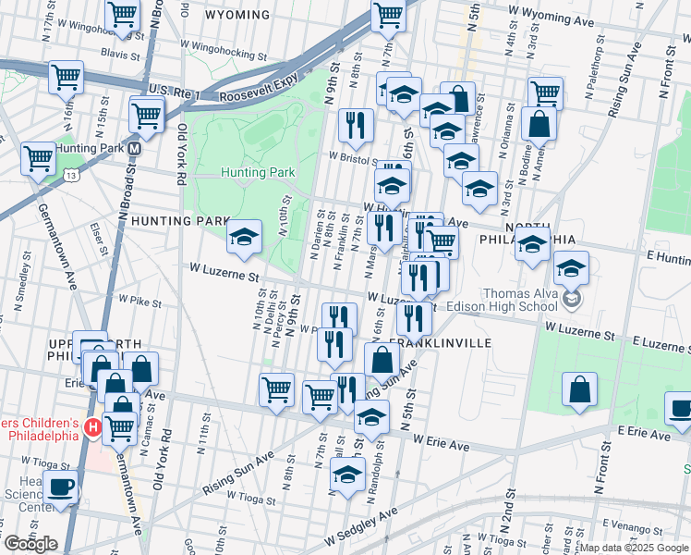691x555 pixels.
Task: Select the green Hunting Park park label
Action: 258,172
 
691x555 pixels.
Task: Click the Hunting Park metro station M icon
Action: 135,148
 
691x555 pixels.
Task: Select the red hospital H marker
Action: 92,427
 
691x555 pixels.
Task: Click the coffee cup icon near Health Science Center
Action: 61,487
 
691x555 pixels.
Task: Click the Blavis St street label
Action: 120,55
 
